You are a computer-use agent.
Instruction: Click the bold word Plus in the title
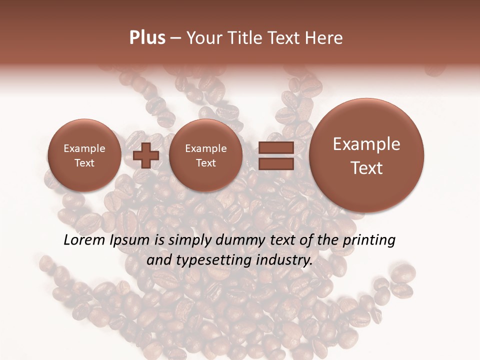click(x=147, y=38)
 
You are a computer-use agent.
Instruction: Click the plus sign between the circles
click(x=145, y=155)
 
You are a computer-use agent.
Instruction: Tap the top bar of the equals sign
click(x=275, y=147)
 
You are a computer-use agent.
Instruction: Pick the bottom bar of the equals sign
click(x=275, y=164)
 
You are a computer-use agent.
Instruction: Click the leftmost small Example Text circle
click(x=84, y=155)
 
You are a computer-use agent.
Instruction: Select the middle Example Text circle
click(x=205, y=155)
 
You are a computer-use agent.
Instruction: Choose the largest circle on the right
click(x=366, y=155)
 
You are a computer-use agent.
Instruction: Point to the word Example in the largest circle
click(x=366, y=144)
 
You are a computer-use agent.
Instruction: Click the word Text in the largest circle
click(x=366, y=168)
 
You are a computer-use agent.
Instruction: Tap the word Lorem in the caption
click(x=84, y=240)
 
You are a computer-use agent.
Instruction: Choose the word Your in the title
click(x=203, y=38)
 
